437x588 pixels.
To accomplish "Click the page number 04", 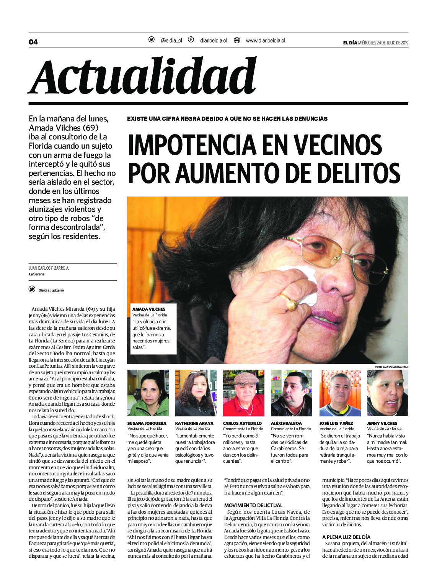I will [33, 42].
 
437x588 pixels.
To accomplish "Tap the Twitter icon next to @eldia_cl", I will [152, 40].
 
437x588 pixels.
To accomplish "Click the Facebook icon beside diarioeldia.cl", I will [191, 40].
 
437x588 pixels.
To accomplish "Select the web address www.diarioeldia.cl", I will [265, 40].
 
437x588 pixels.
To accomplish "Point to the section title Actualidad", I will [143, 76].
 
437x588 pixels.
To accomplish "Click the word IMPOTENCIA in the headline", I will [191, 145].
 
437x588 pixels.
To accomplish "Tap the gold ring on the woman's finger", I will [289, 303].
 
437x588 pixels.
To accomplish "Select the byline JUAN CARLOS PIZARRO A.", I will [49, 268].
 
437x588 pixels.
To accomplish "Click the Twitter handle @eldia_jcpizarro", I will [51, 290].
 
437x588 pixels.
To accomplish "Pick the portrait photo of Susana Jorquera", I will [148, 393].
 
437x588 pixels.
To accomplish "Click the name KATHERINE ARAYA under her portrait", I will [194, 423].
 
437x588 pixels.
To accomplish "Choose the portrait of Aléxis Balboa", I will [291, 393].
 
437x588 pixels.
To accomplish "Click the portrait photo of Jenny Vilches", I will [387, 393].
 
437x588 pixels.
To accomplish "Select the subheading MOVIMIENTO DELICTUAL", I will [253, 505].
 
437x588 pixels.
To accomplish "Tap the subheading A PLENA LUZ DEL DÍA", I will [346, 537].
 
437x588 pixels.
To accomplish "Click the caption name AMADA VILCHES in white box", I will [149, 309].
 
